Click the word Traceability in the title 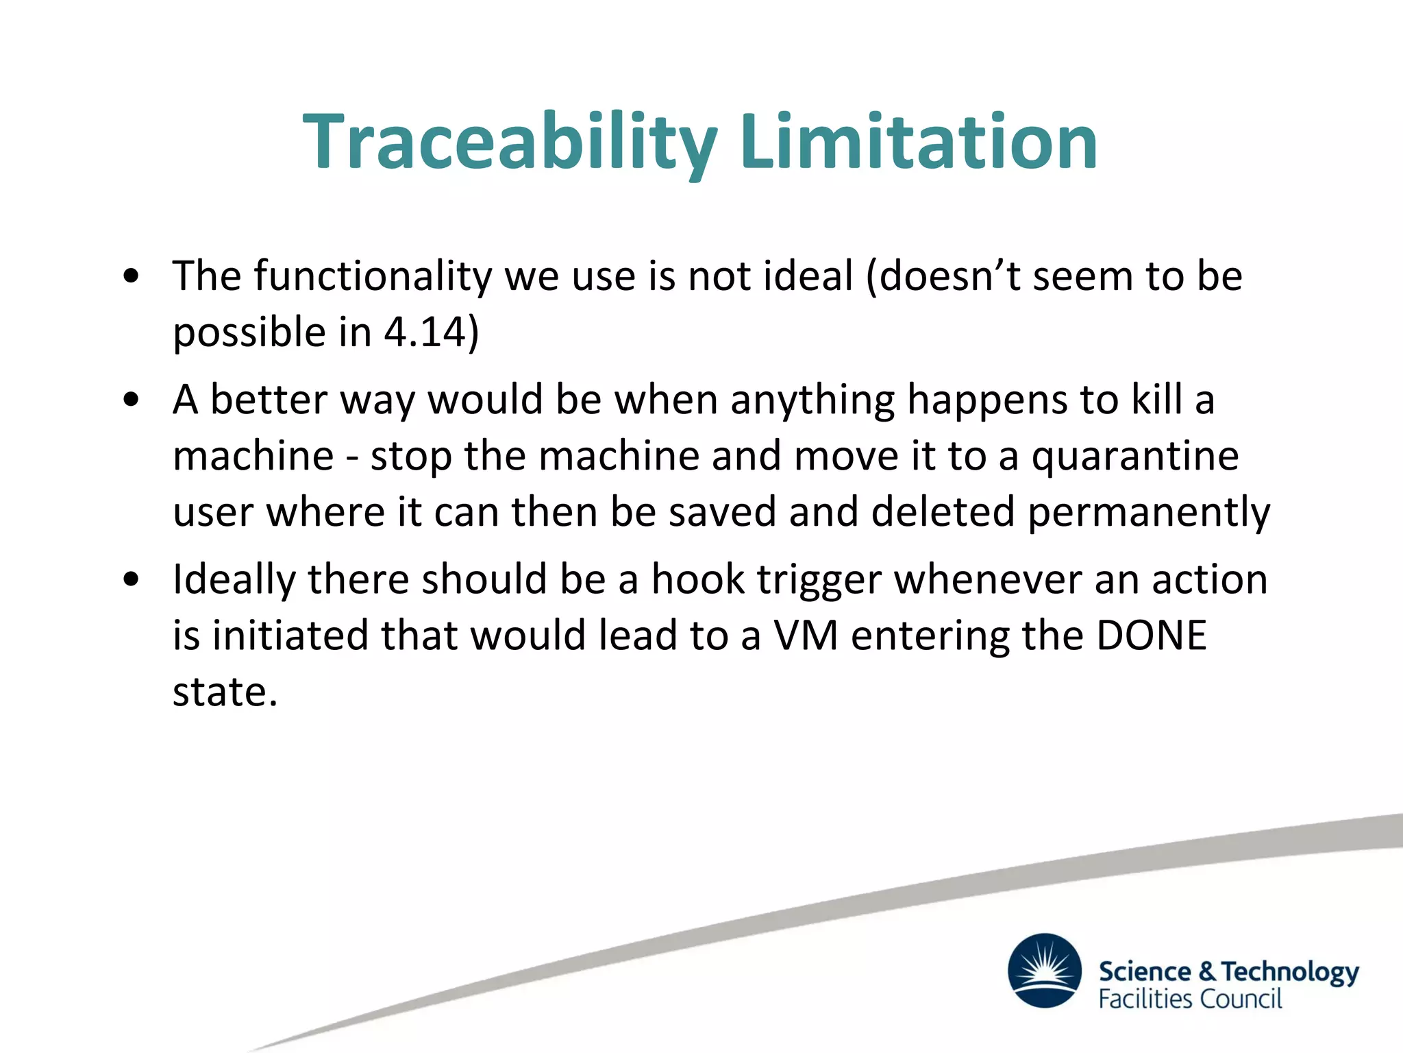[x=510, y=143]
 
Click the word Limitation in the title [x=919, y=143]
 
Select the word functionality [x=373, y=276]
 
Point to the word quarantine [x=1135, y=457]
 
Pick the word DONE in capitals [x=1151, y=636]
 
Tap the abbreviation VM [x=806, y=636]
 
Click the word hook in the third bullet [x=697, y=579]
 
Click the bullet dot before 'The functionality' [x=131, y=277]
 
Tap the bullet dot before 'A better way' [x=131, y=400]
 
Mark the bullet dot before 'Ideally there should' [x=131, y=580]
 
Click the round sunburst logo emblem [x=1044, y=970]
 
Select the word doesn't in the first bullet [x=949, y=276]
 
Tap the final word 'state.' [x=225, y=692]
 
